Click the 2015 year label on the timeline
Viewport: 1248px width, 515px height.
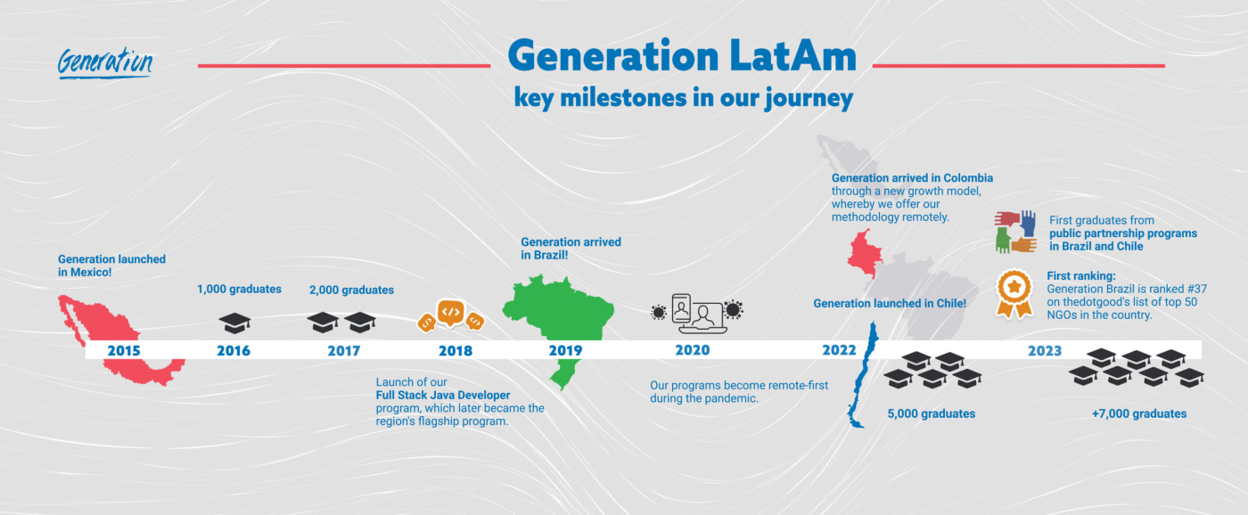click(124, 350)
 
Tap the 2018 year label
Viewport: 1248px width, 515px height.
click(455, 350)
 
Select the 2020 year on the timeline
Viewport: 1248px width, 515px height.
click(692, 350)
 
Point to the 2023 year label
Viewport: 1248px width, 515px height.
click(1044, 350)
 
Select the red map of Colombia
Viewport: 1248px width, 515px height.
click(862, 255)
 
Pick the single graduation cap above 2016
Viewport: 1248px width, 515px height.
click(234, 323)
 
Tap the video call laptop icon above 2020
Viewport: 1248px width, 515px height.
click(695, 314)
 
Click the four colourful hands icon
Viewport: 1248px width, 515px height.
click(1014, 232)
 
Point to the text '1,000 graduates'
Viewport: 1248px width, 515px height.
click(239, 289)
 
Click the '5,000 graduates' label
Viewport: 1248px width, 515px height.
click(931, 413)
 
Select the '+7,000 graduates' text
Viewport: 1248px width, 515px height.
click(1138, 413)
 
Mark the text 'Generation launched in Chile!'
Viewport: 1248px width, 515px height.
click(890, 304)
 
